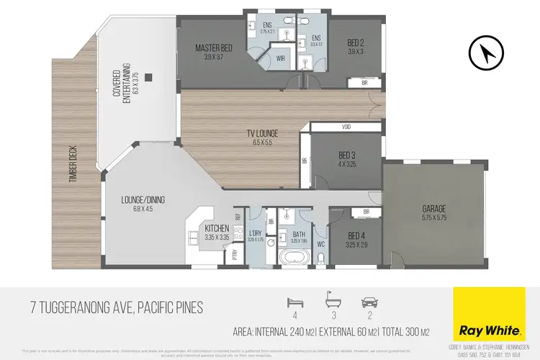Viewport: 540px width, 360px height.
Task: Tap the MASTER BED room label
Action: [212, 49]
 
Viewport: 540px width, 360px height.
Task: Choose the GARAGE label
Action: [433, 210]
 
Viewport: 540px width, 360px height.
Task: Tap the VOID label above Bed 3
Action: [345, 127]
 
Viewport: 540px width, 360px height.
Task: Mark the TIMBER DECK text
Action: [73, 165]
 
